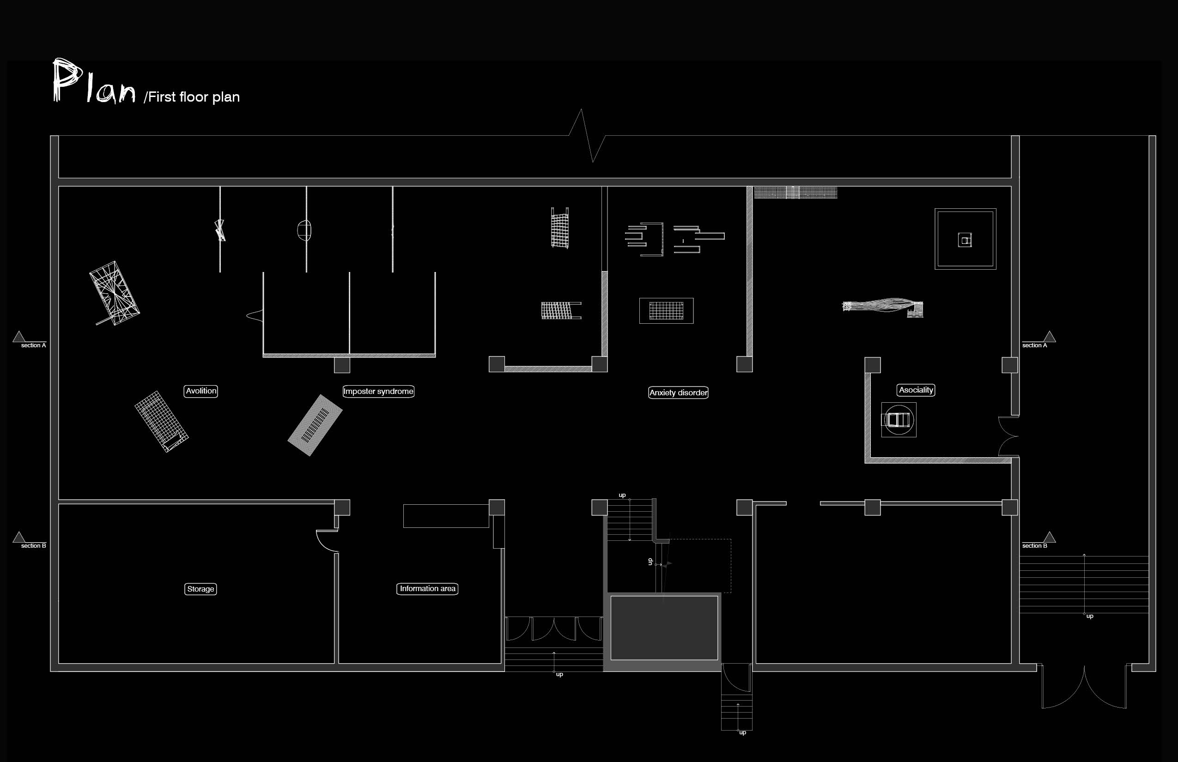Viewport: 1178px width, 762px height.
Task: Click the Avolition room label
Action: (200, 391)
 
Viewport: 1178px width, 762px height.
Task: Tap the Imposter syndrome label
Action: (378, 392)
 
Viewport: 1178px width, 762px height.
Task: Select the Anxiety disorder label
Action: (678, 393)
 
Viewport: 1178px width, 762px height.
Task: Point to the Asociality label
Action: (916, 390)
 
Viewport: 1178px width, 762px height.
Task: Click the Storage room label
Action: (200, 589)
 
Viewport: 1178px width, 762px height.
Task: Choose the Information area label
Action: (427, 588)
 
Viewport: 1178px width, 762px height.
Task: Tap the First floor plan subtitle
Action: (192, 97)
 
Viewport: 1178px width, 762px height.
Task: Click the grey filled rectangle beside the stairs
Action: (664, 628)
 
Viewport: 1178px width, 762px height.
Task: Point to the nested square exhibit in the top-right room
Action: (965, 239)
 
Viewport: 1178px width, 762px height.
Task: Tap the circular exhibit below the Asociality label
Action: (899, 420)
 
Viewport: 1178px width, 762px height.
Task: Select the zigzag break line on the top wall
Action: (588, 136)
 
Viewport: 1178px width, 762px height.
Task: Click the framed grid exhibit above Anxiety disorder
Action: (666, 311)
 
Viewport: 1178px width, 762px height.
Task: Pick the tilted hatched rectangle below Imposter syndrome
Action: (315, 425)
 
